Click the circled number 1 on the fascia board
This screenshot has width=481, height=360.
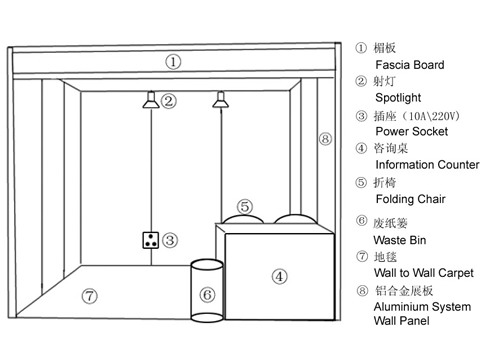tap(173, 62)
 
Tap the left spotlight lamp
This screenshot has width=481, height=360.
tap(151, 100)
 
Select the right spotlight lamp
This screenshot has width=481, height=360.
tap(220, 100)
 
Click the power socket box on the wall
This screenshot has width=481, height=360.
tap(151, 240)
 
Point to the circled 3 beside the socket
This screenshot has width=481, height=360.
tap(170, 240)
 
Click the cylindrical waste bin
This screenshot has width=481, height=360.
tap(207, 291)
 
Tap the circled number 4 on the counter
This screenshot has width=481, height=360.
tap(279, 276)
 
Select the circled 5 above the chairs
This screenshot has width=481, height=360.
tap(245, 207)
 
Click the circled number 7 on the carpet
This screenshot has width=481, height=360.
tap(90, 296)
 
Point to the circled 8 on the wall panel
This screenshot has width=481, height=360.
tap(325, 138)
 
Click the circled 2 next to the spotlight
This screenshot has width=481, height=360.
tap(169, 101)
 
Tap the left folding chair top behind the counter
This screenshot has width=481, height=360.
tap(243, 219)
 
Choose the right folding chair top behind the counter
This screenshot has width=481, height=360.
tap(295, 219)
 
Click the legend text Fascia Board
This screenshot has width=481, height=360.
tap(410, 65)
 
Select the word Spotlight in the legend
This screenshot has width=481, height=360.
tap(398, 98)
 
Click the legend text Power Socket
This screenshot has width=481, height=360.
tap(412, 131)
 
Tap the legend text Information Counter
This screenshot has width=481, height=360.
tap(427, 165)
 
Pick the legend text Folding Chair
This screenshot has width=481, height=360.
tap(411, 199)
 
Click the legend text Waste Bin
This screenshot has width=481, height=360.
tap(400, 240)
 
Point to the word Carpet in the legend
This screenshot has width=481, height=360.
tap(456, 273)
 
